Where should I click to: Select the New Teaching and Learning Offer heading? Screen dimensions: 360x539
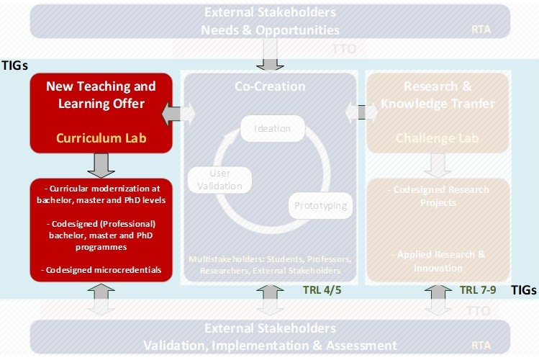coord(101,95)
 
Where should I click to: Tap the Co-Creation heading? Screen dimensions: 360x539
coord(270,86)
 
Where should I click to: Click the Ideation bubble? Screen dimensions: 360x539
coord(272,129)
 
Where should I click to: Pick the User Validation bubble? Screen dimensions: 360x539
coord(219,179)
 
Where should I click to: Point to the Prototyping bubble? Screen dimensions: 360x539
coord(320,206)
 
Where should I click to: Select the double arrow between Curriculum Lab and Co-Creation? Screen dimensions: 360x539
coord(178,112)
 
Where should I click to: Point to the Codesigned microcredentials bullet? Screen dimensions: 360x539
coord(101,271)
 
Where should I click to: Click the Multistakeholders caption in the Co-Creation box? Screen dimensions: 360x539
coord(270,264)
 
